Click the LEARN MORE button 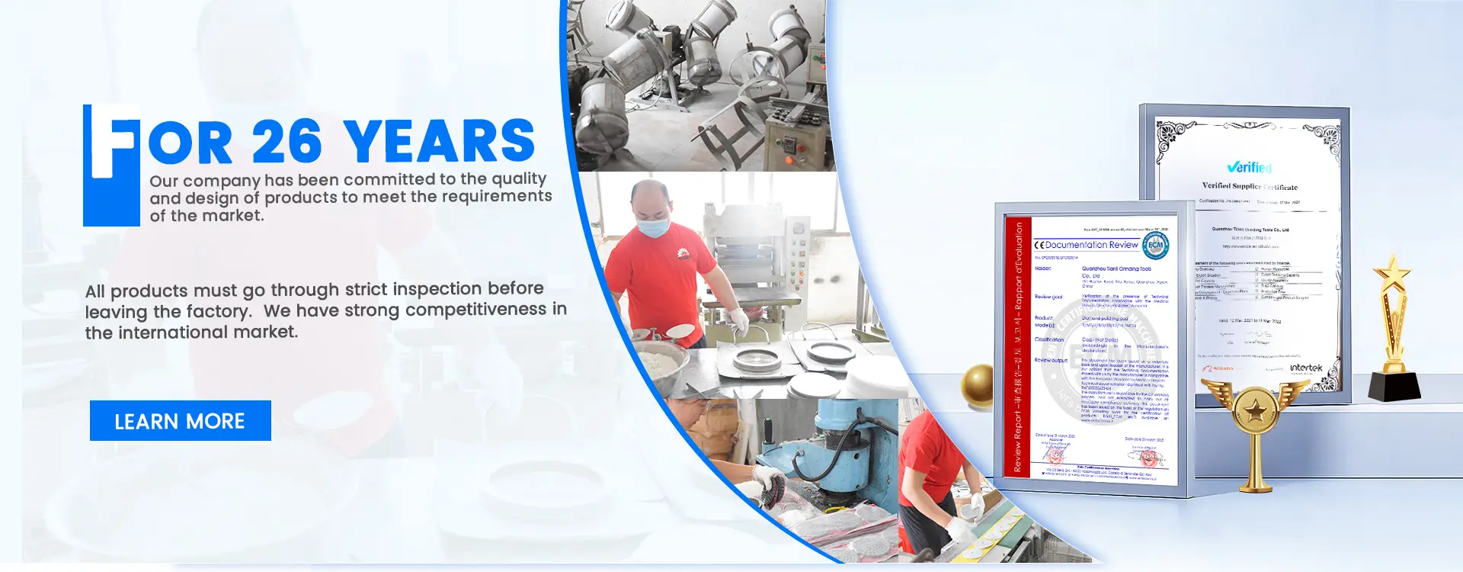(180, 421)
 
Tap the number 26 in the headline (287, 142)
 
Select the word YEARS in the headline (439, 142)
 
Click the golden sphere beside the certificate (978, 386)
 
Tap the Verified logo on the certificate (1249, 167)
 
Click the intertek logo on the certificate (1306, 368)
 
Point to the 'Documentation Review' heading (1090, 245)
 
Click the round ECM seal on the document (1155, 245)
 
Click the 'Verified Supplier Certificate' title (1249, 186)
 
